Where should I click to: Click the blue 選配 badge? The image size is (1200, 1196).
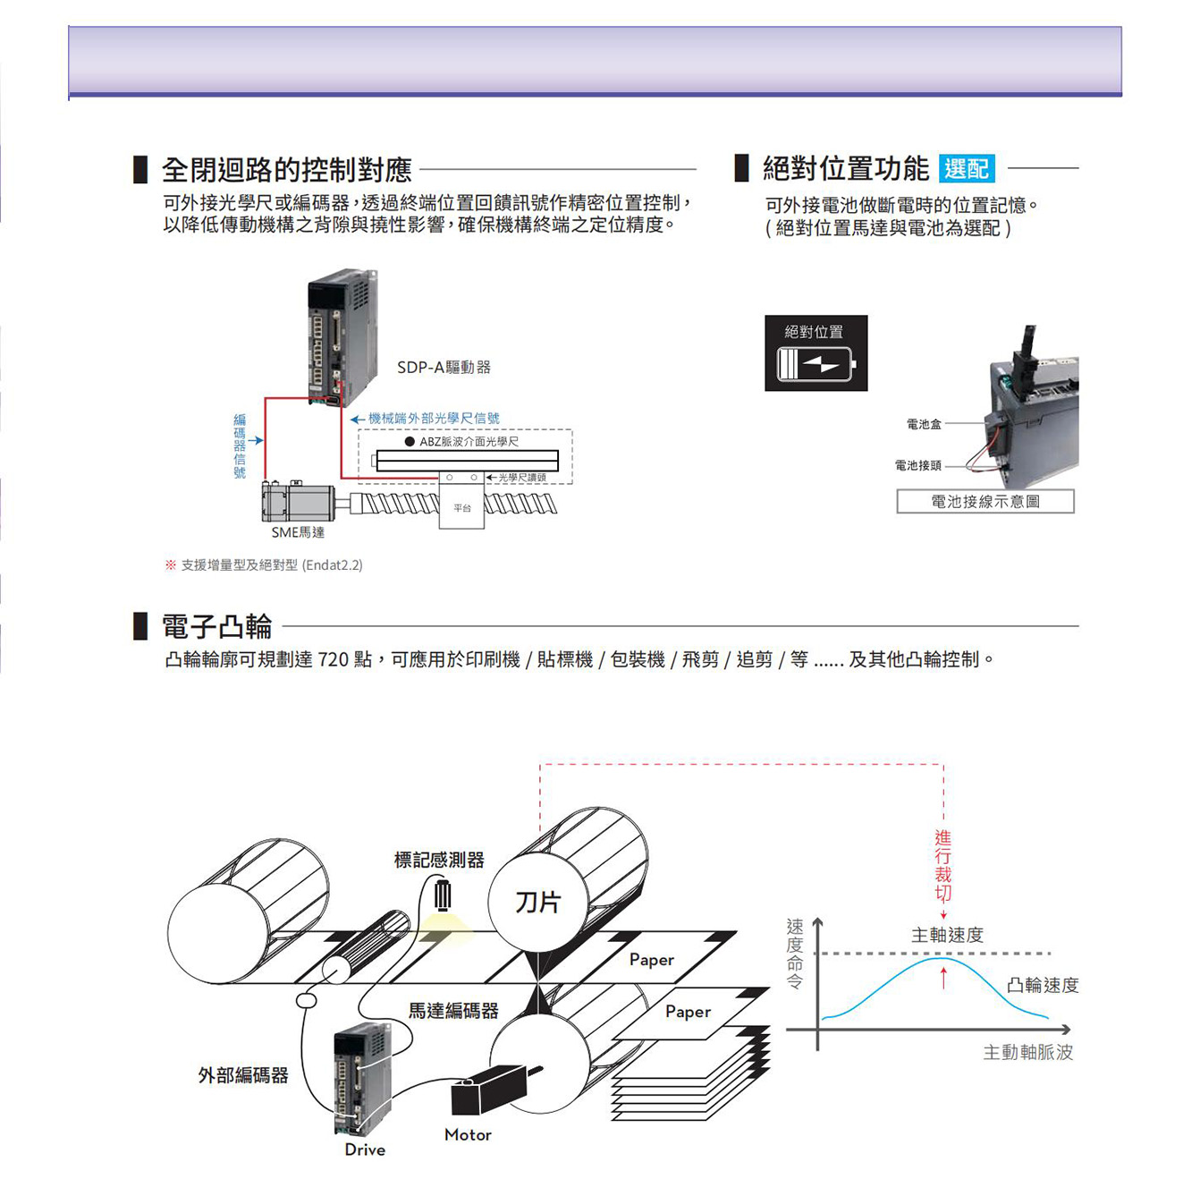pos(967,168)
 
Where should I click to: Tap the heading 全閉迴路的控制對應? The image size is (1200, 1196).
pos(286,169)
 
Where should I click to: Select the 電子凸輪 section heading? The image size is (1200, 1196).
pos(216,626)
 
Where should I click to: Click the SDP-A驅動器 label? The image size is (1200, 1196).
pos(444,368)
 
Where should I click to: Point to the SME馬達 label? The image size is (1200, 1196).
pos(298,532)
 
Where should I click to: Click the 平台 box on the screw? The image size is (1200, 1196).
pos(461,507)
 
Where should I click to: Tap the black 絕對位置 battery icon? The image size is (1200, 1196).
pos(815,352)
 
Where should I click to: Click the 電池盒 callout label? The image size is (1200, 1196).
pos(924,424)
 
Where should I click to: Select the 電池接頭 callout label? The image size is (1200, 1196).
pos(917,465)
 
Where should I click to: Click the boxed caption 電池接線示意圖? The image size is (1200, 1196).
pos(985,502)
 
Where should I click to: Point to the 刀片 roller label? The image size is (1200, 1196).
pos(537,902)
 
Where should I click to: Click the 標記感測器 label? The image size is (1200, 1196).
pos(439,860)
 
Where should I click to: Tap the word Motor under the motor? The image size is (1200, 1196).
pos(468,1134)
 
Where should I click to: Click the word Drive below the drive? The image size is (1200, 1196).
pos(365,1149)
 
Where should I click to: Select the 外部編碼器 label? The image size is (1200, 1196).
pos(243,1074)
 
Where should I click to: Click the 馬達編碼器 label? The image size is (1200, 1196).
pos(453,1011)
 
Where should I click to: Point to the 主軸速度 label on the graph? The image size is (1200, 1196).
pos(947,935)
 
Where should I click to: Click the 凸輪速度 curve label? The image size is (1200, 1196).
pos(1043,985)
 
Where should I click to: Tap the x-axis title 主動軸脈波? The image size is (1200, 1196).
pos(1027,1052)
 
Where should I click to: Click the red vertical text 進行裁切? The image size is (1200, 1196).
pos(943,865)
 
